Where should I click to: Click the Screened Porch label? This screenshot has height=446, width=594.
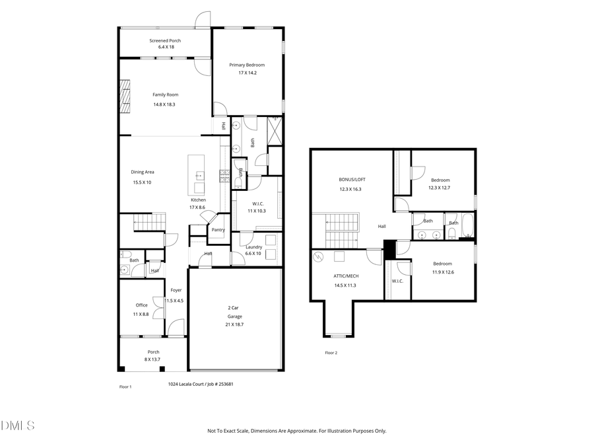pyautogui.click(x=165, y=40)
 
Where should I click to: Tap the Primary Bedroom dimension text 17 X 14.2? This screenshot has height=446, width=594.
pyautogui.click(x=247, y=73)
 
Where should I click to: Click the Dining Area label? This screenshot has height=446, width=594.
pyautogui.click(x=143, y=172)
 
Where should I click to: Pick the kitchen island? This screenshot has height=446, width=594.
pyautogui.click(x=197, y=168)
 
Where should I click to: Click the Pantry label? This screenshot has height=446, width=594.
pyautogui.click(x=218, y=230)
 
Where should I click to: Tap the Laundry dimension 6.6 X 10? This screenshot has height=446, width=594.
pyautogui.click(x=253, y=254)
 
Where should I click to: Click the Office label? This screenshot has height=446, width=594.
pyautogui.click(x=141, y=305)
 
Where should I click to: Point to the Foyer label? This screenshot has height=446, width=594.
pyautogui.click(x=176, y=290)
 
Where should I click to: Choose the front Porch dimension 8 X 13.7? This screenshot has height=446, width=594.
pyautogui.click(x=153, y=359)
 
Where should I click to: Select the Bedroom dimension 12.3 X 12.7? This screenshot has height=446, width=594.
pyautogui.click(x=440, y=188)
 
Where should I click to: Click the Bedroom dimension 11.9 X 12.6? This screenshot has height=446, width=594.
pyautogui.click(x=442, y=272)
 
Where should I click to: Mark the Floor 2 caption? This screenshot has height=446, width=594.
pyautogui.click(x=331, y=353)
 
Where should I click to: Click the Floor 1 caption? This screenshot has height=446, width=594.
pyautogui.click(x=125, y=387)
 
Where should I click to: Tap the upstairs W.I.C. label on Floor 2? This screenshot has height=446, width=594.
pyautogui.click(x=397, y=281)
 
